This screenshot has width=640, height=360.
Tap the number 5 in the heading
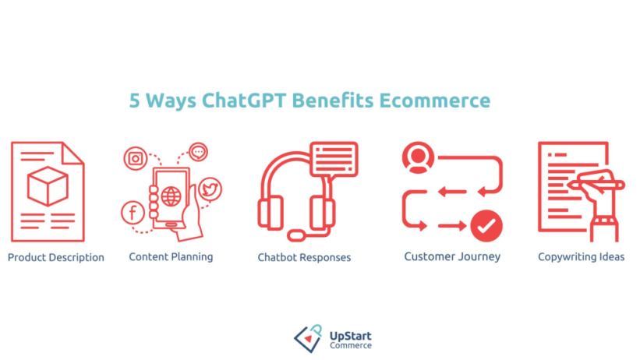pyautogui.click(x=135, y=101)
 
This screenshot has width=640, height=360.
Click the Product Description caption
pyautogui.click(x=56, y=257)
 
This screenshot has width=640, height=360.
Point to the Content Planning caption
pyautogui.click(x=171, y=256)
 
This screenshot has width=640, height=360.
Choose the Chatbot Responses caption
pyautogui.click(x=304, y=257)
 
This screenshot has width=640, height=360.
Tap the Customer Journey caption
pyautogui.click(x=452, y=256)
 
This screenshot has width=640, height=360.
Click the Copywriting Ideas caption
pyautogui.click(x=581, y=257)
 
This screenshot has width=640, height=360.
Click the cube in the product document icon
pyautogui.click(x=48, y=186)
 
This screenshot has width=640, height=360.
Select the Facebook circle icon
pyautogui.click(x=132, y=212)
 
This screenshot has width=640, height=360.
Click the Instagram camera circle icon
pyautogui.click(x=136, y=158)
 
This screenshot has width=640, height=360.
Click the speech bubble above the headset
pyautogui.click(x=333, y=158)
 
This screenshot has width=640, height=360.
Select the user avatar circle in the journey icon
pyautogui.click(x=418, y=158)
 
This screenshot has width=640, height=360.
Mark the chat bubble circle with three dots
pyautogui.click(x=199, y=151)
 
